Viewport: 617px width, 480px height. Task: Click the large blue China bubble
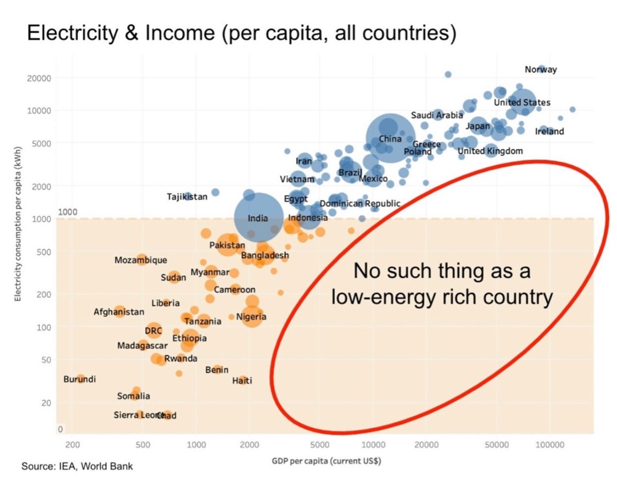click(x=390, y=138)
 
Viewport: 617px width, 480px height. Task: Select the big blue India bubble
click(x=259, y=218)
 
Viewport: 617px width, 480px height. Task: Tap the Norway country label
click(x=541, y=70)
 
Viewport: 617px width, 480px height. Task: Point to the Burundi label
click(x=79, y=379)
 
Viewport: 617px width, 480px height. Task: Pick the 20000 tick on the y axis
click(x=39, y=78)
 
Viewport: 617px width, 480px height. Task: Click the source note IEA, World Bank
click(x=77, y=466)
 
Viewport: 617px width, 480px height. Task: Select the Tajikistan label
click(x=187, y=197)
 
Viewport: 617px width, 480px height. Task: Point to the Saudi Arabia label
click(x=436, y=115)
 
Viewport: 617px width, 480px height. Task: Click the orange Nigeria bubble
click(x=252, y=317)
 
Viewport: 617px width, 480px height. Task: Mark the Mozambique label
click(x=140, y=260)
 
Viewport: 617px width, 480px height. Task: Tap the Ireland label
click(x=549, y=131)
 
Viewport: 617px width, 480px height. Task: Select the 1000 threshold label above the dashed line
click(x=68, y=212)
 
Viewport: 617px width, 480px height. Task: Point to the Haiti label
click(x=242, y=381)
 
